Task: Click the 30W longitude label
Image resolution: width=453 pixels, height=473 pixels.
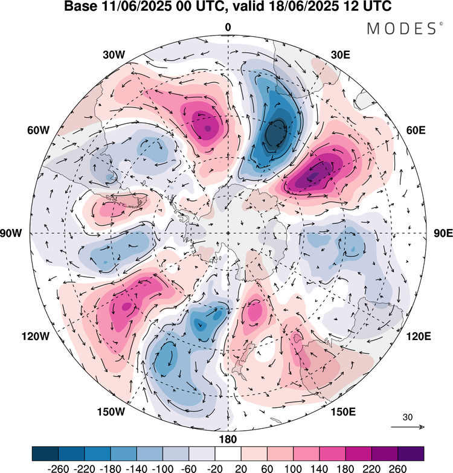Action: [114, 54]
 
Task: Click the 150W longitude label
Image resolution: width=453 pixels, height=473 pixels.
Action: [112, 412]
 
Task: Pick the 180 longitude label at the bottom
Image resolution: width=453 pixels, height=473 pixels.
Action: [228, 439]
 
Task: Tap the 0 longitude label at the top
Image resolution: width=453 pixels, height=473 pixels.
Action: [228, 27]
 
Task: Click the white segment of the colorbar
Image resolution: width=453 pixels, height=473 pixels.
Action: [228, 452]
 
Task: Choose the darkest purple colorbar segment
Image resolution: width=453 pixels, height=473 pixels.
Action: [410, 452]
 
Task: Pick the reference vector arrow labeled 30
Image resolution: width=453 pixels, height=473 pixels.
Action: [408, 427]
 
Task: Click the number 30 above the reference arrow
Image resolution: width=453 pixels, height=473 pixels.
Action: [408, 417]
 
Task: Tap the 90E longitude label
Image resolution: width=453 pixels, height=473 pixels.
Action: [443, 234]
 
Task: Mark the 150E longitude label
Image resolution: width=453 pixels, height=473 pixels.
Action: [343, 412]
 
